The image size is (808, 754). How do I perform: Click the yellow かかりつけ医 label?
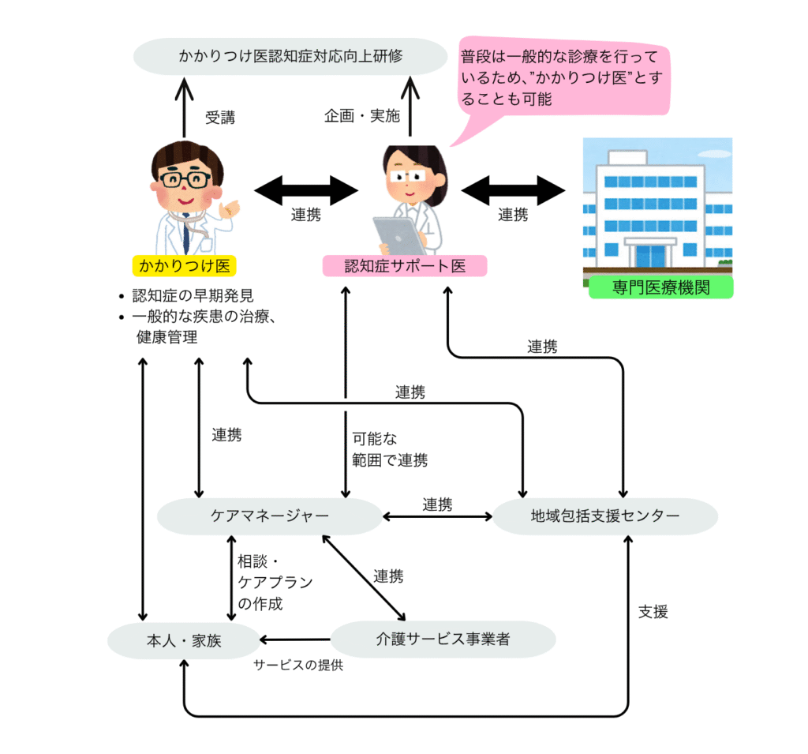pyautogui.click(x=185, y=266)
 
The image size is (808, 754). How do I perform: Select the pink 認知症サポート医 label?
pyautogui.click(x=405, y=266)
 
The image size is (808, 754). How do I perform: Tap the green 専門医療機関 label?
pyautogui.click(x=660, y=287)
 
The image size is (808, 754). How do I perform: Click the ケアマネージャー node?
pyautogui.click(x=270, y=516)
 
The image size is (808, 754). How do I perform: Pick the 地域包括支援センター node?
pyautogui.click(x=605, y=516)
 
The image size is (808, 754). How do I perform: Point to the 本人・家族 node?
pyautogui.click(x=184, y=640)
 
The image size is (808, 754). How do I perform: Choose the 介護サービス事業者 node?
pyautogui.click(x=443, y=640)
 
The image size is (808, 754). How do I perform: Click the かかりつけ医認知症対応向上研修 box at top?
pyautogui.click(x=290, y=56)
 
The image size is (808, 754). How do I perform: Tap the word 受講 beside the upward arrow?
pyautogui.click(x=220, y=118)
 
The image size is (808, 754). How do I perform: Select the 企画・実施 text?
pyautogui.click(x=361, y=115)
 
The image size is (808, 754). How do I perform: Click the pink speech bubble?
pyautogui.click(x=562, y=77)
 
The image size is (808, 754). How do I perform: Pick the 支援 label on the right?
pyautogui.click(x=653, y=612)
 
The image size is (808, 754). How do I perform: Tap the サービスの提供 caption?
pyautogui.click(x=298, y=666)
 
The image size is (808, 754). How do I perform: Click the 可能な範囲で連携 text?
pyautogui.click(x=390, y=449)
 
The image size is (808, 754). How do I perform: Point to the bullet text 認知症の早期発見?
pyautogui.click(x=193, y=295)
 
